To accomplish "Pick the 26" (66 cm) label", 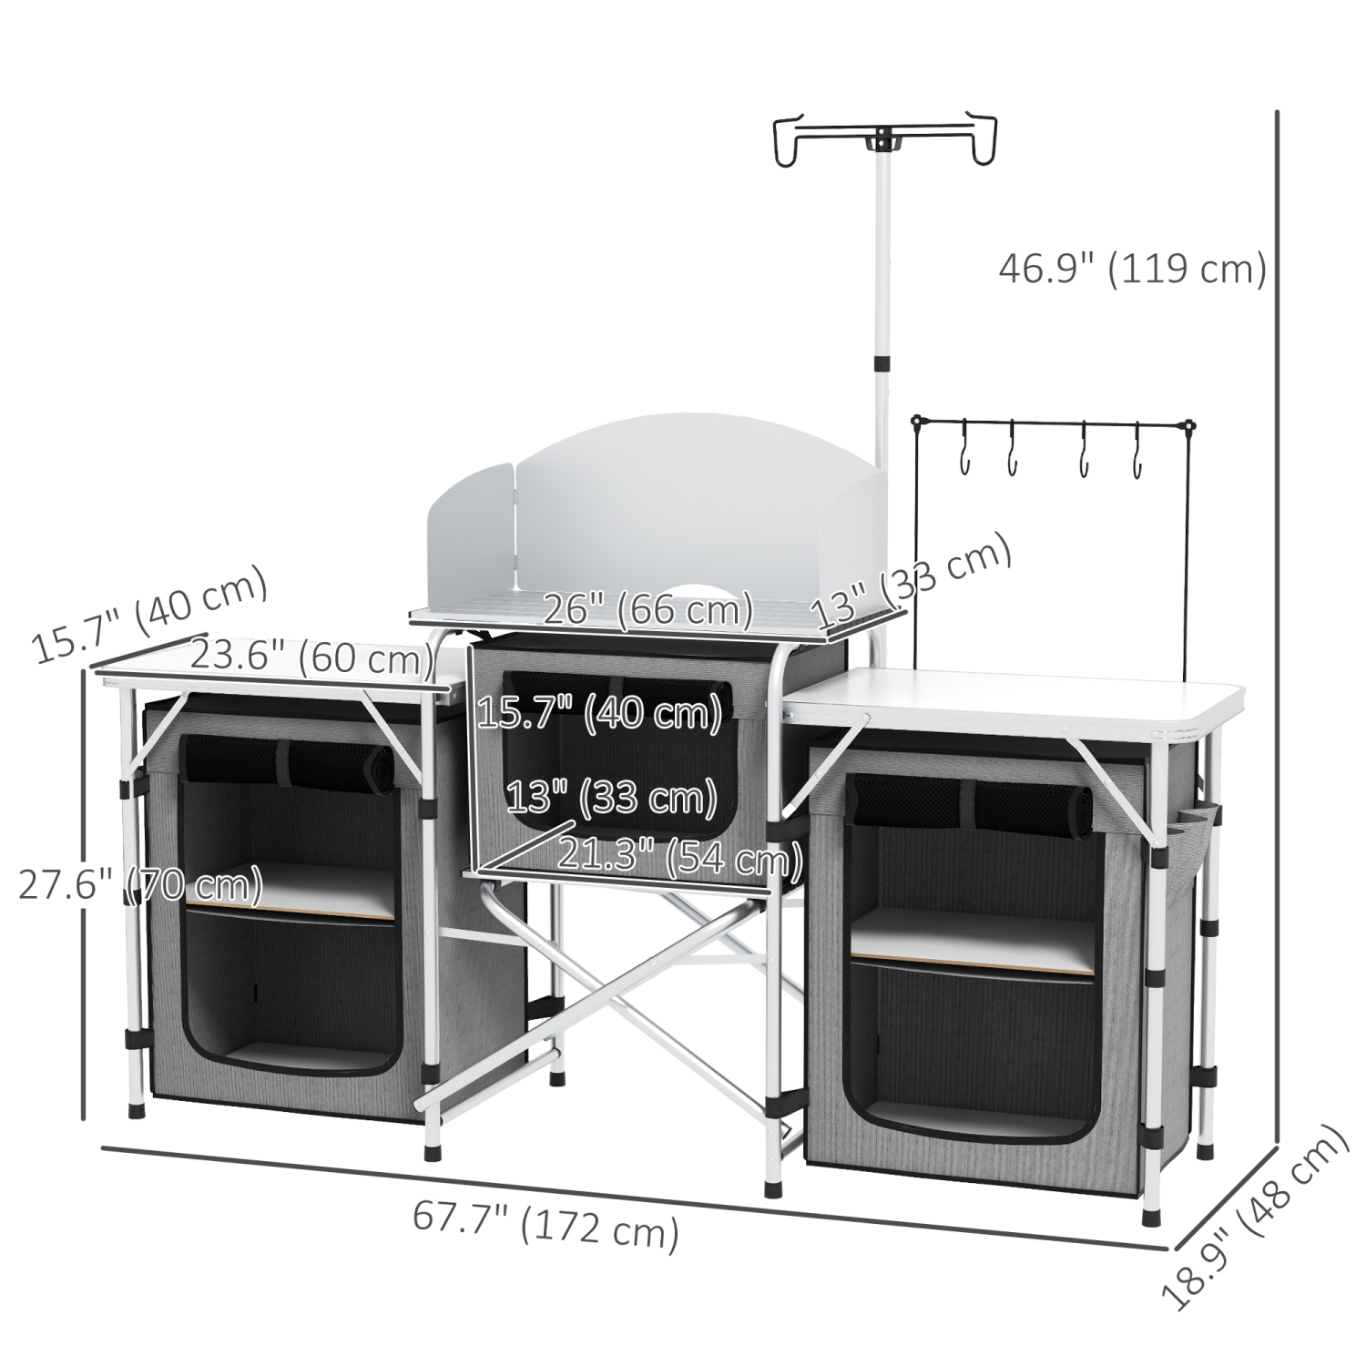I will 647,608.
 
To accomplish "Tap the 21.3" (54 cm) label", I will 679,857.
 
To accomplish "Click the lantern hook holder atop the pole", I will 882,142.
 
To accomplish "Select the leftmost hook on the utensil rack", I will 963,452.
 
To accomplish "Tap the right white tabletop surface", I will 1011,697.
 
